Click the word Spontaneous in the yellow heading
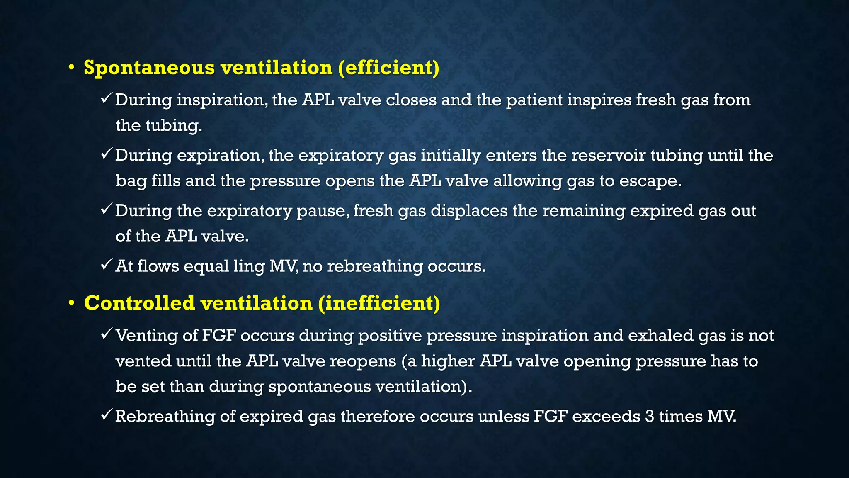[149, 68]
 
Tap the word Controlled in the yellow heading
[139, 303]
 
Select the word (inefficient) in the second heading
[379, 303]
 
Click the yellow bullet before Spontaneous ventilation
[71, 68]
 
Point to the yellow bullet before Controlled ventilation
[71, 303]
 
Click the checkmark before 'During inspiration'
[106, 99]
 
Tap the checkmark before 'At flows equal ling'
[106, 265]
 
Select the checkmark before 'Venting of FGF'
[106, 334]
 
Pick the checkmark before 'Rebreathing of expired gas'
[106, 415]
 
